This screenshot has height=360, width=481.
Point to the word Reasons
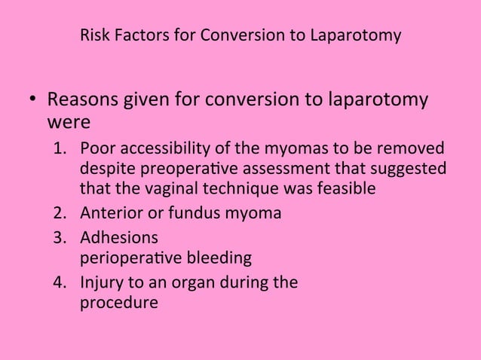(86, 100)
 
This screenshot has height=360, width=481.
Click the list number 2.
(57, 213)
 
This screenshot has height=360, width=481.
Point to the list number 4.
(57, 285)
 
